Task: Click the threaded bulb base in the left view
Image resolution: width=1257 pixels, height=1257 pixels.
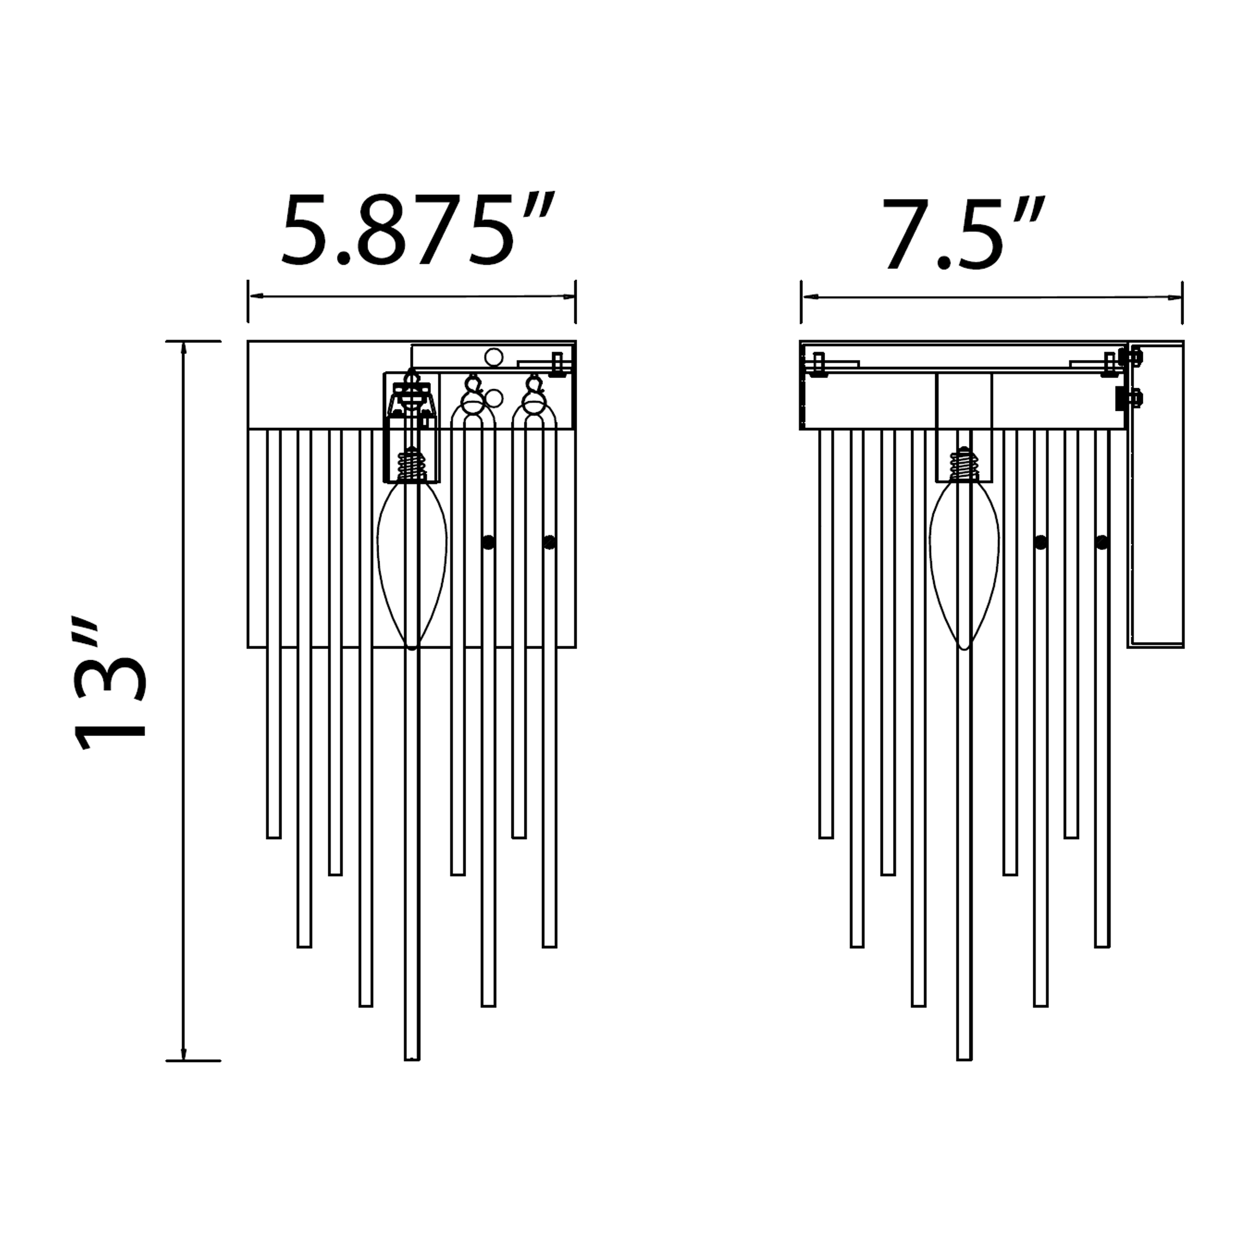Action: [412, 465]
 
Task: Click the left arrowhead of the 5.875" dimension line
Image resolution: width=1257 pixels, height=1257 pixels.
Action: [254, 297]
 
